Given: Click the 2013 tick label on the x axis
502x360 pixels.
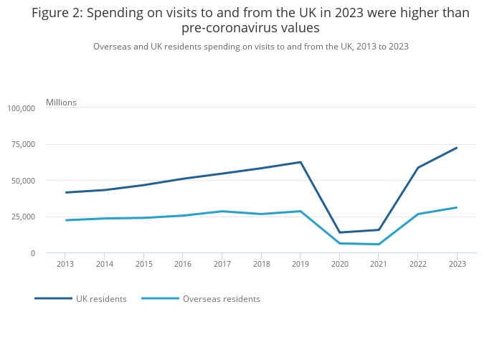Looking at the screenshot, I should pos(65,264).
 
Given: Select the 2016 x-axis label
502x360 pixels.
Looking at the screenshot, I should pos(182,264).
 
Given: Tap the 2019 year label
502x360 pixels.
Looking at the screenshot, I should pos(300,264).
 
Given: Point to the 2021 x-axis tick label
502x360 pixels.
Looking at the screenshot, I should pos(379,264).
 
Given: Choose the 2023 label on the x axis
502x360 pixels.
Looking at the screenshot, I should pos(457,264).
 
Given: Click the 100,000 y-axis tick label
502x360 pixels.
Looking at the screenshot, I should pos(21,108).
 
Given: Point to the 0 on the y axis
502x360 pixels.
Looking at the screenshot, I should pos(32,253).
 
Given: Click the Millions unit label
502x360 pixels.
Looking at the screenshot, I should pos(61,103).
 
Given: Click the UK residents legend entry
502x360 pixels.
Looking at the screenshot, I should pos(101,299).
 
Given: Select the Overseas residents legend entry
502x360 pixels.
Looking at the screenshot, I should pos(221,299).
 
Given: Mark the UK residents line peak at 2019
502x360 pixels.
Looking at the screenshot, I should pos(300,162).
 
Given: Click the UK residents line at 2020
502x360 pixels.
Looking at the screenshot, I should pos(339,232).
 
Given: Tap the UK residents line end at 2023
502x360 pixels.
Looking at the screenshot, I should pos(457,148).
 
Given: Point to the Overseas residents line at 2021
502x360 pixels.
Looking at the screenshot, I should pos(379,245).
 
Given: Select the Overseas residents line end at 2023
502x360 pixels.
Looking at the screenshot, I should pos(457,207).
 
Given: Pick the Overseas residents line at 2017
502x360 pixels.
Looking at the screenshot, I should pos(222,211).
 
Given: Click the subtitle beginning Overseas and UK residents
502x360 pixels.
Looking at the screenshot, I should pos(250,47).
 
